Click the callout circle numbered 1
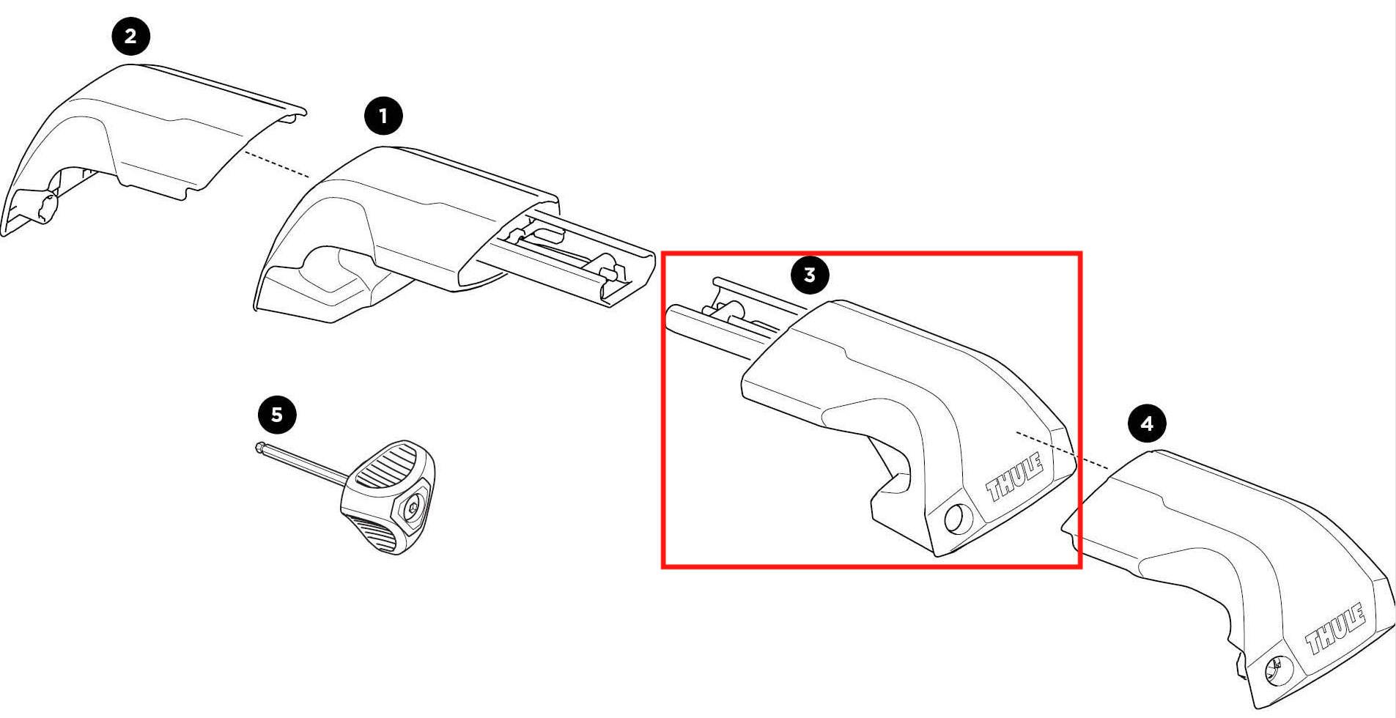[383, 116]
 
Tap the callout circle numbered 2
[130, 36]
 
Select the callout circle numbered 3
[810, 275]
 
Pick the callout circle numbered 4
[1147, 423]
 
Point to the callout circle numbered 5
[277, 415]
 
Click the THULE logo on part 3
[1015, 476]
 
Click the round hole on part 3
[956, 519]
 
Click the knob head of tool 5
[388, 497]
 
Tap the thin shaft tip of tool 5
[261, 447]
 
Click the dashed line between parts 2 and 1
[278, 165]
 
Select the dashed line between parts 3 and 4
[1061, 450]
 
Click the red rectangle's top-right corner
[1080, 254]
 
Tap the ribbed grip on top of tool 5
[385, 466]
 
